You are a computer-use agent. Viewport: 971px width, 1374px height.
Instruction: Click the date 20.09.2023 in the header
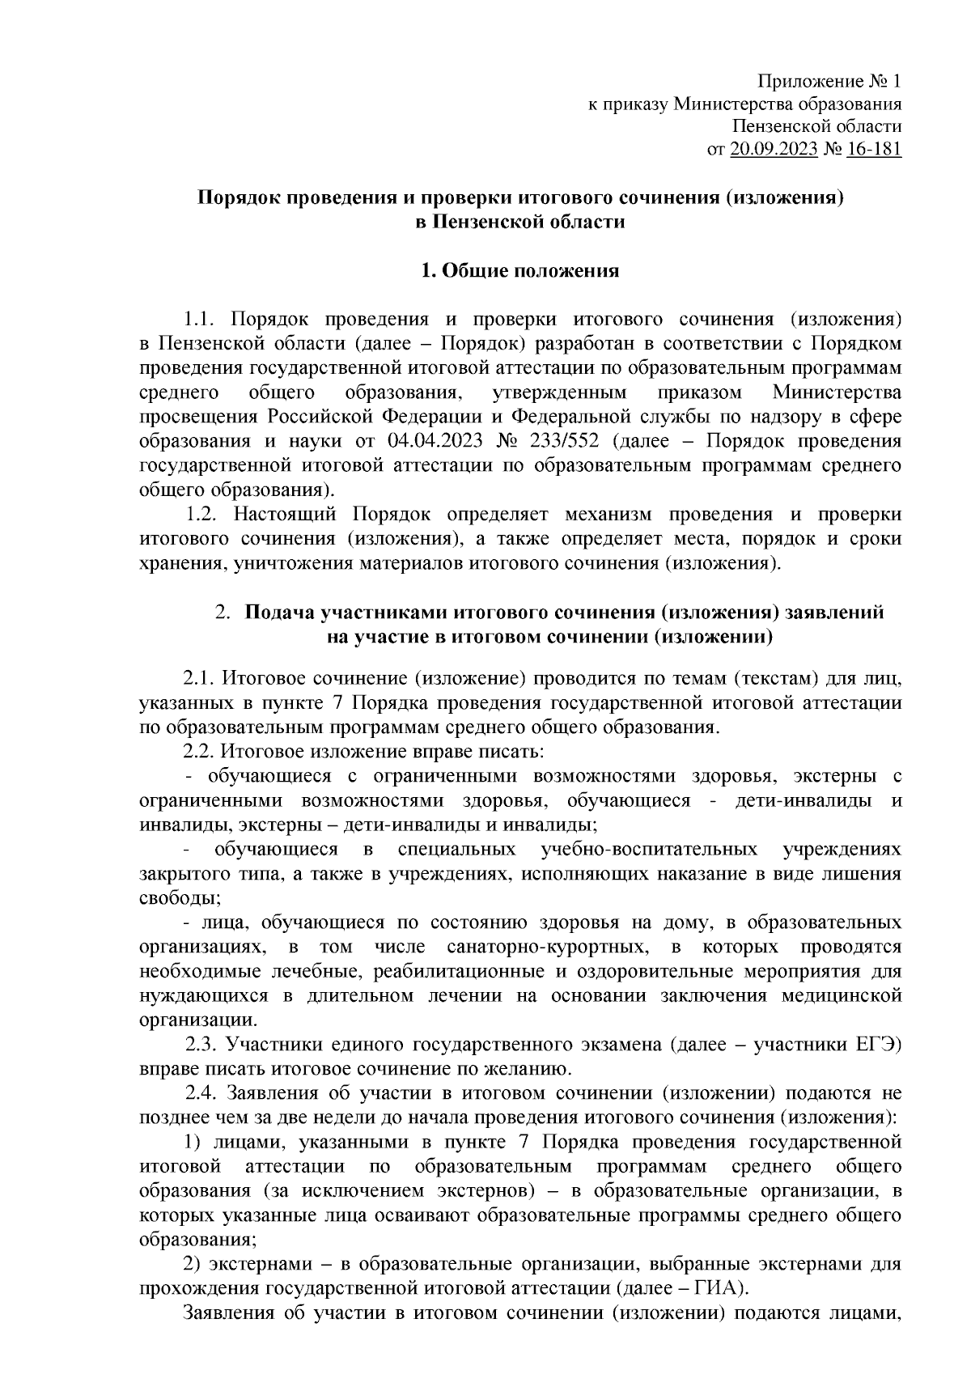coord(773,149)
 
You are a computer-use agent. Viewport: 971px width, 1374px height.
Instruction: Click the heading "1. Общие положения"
coord(520,270)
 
